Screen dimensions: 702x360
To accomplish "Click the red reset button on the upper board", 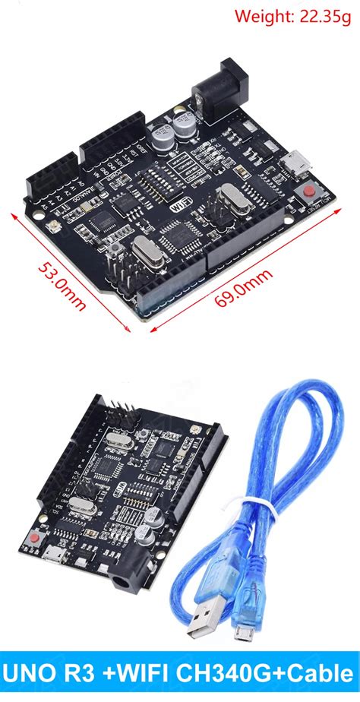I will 311,191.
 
